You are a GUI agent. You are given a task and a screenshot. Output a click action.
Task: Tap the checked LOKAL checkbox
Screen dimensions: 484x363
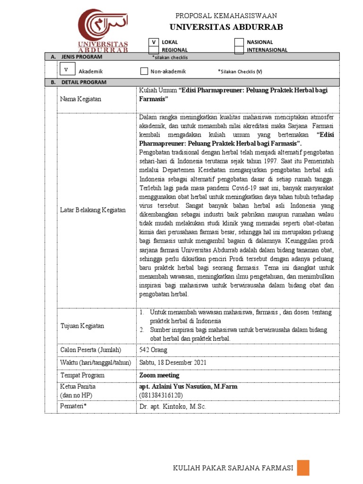point(154,42)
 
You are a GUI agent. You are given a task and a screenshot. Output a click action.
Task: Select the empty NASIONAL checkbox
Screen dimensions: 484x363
point(239,42)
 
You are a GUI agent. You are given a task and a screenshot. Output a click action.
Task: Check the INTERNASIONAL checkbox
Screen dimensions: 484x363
point(239,50)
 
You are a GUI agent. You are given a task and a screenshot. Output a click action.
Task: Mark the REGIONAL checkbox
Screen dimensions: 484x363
point(154,50)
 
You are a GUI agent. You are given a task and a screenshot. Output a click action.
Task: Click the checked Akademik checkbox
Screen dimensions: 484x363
point(67,69)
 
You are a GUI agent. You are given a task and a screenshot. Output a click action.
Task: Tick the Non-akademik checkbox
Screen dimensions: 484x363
point(145,71)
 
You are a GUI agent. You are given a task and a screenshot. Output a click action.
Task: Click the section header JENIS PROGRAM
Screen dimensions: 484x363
point(81,57)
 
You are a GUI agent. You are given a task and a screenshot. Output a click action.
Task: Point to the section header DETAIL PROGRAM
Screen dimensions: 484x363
point(84,82)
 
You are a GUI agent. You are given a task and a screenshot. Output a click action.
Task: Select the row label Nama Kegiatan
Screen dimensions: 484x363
point(80,99)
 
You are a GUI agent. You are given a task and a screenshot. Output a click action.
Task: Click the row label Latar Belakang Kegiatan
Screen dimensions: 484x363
point(93,210)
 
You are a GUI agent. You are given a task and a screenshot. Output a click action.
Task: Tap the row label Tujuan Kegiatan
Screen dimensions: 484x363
point(82,326)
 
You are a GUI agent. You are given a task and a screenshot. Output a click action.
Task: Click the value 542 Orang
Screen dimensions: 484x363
point(153,350)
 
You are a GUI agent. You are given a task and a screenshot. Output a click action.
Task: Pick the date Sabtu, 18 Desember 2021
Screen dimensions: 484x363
point(173,363)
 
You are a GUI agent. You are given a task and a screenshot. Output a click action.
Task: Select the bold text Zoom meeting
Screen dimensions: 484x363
point(159,375)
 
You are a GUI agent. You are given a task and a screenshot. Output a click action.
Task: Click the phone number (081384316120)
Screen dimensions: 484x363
point(161,395)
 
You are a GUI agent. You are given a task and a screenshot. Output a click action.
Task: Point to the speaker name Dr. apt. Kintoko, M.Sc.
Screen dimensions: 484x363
point(173,406)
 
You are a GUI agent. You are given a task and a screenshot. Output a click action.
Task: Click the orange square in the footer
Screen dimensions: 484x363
point(303,468)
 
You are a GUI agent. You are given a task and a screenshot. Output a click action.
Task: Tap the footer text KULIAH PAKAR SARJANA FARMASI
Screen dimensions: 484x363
point(233,468)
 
